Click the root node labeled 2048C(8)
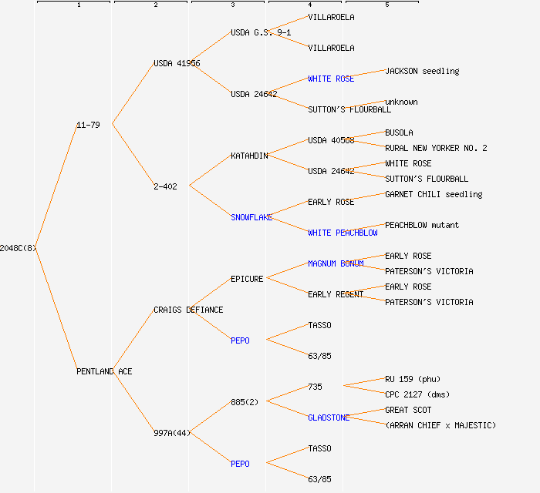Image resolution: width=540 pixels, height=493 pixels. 18,248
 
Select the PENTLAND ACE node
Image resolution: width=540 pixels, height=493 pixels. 104,371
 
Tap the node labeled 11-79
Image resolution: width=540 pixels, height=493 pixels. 88,125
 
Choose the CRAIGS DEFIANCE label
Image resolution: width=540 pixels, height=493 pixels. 188,310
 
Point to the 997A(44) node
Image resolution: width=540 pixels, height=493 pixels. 171,433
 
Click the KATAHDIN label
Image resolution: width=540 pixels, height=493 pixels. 249,156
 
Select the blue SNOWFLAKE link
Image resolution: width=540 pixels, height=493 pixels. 251,217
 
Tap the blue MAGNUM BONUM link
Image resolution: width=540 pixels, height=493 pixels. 336,263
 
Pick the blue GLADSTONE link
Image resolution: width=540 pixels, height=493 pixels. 329,418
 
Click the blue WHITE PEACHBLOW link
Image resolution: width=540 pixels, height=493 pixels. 343,233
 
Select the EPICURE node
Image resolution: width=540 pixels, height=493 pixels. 247,279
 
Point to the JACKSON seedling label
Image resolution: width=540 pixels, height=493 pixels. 422,71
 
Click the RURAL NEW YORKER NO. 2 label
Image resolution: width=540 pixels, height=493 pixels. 436,148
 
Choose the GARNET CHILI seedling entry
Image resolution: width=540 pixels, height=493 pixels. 434,194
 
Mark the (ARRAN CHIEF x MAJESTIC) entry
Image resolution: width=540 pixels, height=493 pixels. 440,425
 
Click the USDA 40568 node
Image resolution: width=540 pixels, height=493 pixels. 331,140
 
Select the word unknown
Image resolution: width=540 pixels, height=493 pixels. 401,102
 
